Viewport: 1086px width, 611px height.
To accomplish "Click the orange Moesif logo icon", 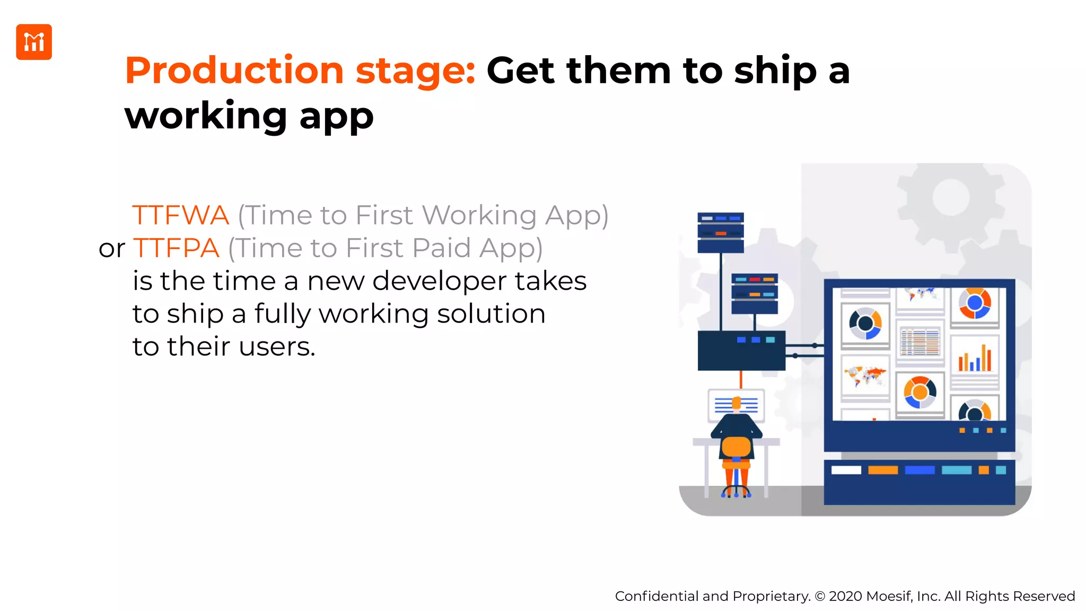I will (34, 42).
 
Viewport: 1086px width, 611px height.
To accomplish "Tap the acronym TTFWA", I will (180, 215).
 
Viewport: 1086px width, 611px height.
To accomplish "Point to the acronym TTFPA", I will (176, 248).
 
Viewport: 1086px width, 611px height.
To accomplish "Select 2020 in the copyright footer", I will (845, 596).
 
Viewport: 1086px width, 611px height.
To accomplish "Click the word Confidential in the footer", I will (656, 596).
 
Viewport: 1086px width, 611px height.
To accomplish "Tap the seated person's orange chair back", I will (736, 447).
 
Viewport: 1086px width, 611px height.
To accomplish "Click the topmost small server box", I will (720, 232).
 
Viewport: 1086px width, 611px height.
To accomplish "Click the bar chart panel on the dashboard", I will (975, 359).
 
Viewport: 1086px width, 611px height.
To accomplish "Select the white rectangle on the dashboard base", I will (846, 470).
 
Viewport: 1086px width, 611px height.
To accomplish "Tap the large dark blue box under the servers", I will (741, 350).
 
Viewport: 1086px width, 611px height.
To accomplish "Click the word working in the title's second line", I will (206, 116).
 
